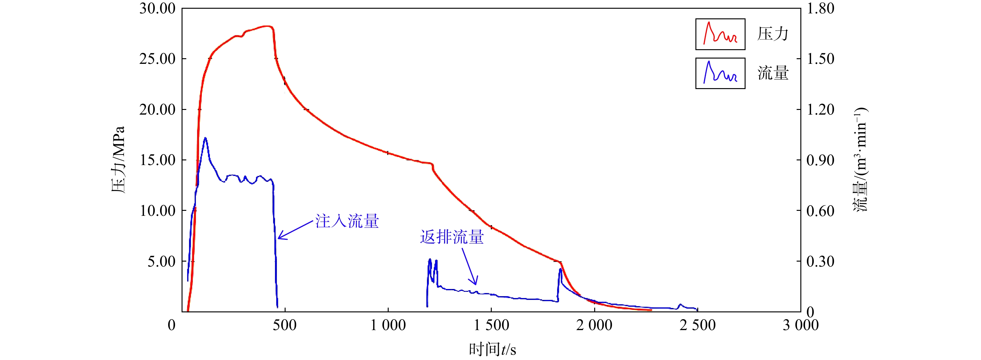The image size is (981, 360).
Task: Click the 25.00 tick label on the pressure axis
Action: (157, 59)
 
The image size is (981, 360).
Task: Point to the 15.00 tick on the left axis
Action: (157, 160)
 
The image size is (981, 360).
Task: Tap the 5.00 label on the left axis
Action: (161, 261)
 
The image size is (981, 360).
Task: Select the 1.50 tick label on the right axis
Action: (820, 59)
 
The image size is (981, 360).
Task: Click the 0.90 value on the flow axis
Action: (820, 160)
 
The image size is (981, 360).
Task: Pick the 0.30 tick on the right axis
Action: (820, 261)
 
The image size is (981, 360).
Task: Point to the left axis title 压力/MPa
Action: (118, 160)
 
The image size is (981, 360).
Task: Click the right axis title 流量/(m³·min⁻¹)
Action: (860, 160)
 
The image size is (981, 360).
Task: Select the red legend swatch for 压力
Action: (720, 34)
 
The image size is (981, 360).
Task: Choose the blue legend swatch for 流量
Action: (720, 73)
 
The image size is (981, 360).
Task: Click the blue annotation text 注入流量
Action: (347, 221)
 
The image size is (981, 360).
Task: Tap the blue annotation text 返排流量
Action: (452, 237)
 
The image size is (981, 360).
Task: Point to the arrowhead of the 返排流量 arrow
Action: (475, 284)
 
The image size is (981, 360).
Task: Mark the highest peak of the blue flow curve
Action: (205, 138)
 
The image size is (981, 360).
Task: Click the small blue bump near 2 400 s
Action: (680, 305)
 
